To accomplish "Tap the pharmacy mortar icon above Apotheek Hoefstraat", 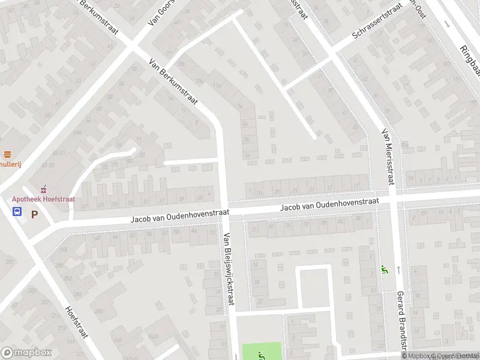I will point(43,189).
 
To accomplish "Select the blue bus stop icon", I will point(17,211).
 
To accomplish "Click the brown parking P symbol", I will point(34,212).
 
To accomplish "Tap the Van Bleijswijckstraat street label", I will point(227,269).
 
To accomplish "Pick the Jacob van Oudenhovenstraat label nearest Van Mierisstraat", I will point(329,205).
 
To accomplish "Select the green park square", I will point(262,351).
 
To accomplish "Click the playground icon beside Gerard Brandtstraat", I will point(384,271).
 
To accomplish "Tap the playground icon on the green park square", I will point(261,355).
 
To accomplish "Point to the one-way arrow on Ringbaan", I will point(447,24).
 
